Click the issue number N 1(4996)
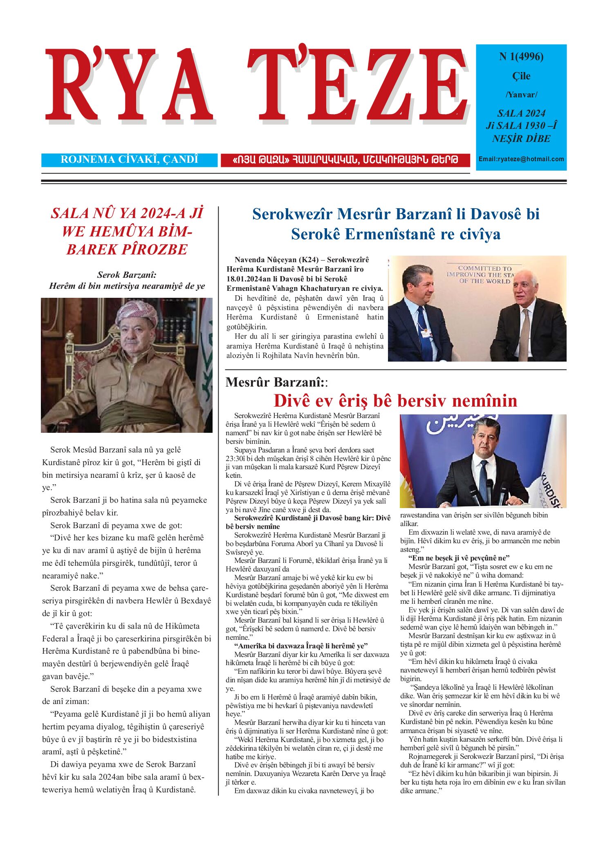click(x=521, y=56)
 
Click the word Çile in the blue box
click(x=521, y=76)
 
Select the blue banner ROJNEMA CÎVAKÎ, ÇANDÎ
click(x=129, y=160)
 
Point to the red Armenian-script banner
click(x=345, y=160)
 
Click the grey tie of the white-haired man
click(x=524, y=333)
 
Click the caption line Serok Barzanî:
click(x=127, y=275)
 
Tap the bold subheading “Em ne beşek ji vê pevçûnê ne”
click(x=459, y=558)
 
